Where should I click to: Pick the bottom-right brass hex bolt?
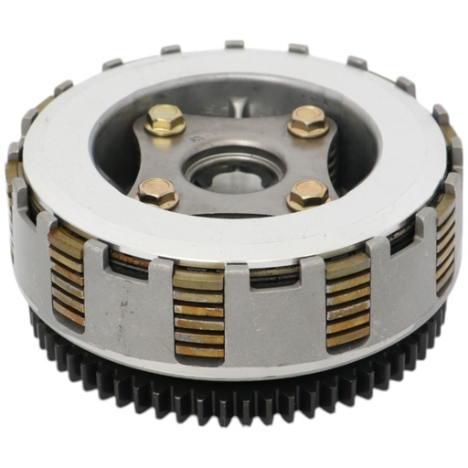[307, 193]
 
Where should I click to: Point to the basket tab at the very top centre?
[235, 44]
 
